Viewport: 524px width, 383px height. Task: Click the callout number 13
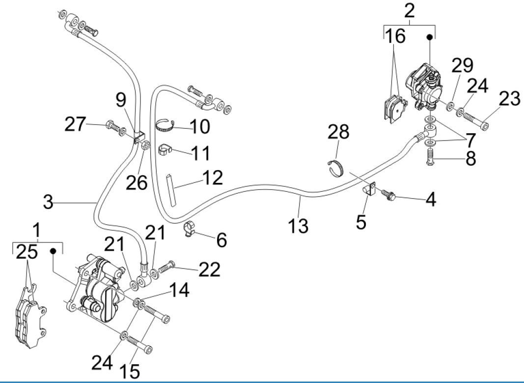pos(298,226)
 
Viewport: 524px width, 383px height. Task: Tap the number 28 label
pos(339,132)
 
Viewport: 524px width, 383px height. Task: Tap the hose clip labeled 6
pos(190,229)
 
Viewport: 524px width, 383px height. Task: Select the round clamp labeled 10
pos(166,125)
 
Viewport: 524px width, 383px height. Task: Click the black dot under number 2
pos(430,37)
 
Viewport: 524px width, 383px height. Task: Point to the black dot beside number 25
pos(53,251)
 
